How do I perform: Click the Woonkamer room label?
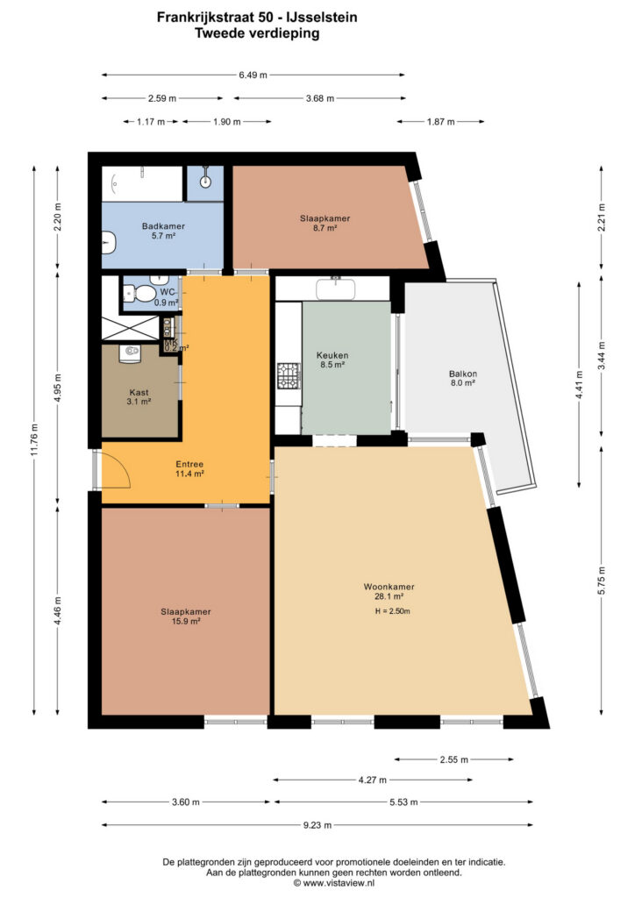pyautogui.click(x=389, y=587)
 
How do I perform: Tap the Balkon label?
pyautogui.click(x=462, y=374)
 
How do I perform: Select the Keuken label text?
pyautogui.click(x=332, y=355)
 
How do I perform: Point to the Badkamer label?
pyautogui.click(x=163, y=226)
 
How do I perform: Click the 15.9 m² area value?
pyautogui.click(x=186, y=622)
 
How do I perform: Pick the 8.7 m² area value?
pyautogui.click(x=325, y=227)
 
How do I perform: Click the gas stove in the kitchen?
pyautogui.click(x=289, y=375)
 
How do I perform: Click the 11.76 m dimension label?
pyautogui.click(x=34, y=440)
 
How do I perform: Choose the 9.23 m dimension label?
pyautogui.click(x=317, y=825)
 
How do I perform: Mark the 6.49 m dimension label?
pyautogui.click(x=253, y=75)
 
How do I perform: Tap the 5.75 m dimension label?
pyautogui.click(x=601, y=581)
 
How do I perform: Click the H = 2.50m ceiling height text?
pyautogui.click(x=392, y=611)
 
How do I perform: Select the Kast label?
pyautogui.click(x=139, y=392)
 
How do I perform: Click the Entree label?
pyautogui.click(x=189, y=465)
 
